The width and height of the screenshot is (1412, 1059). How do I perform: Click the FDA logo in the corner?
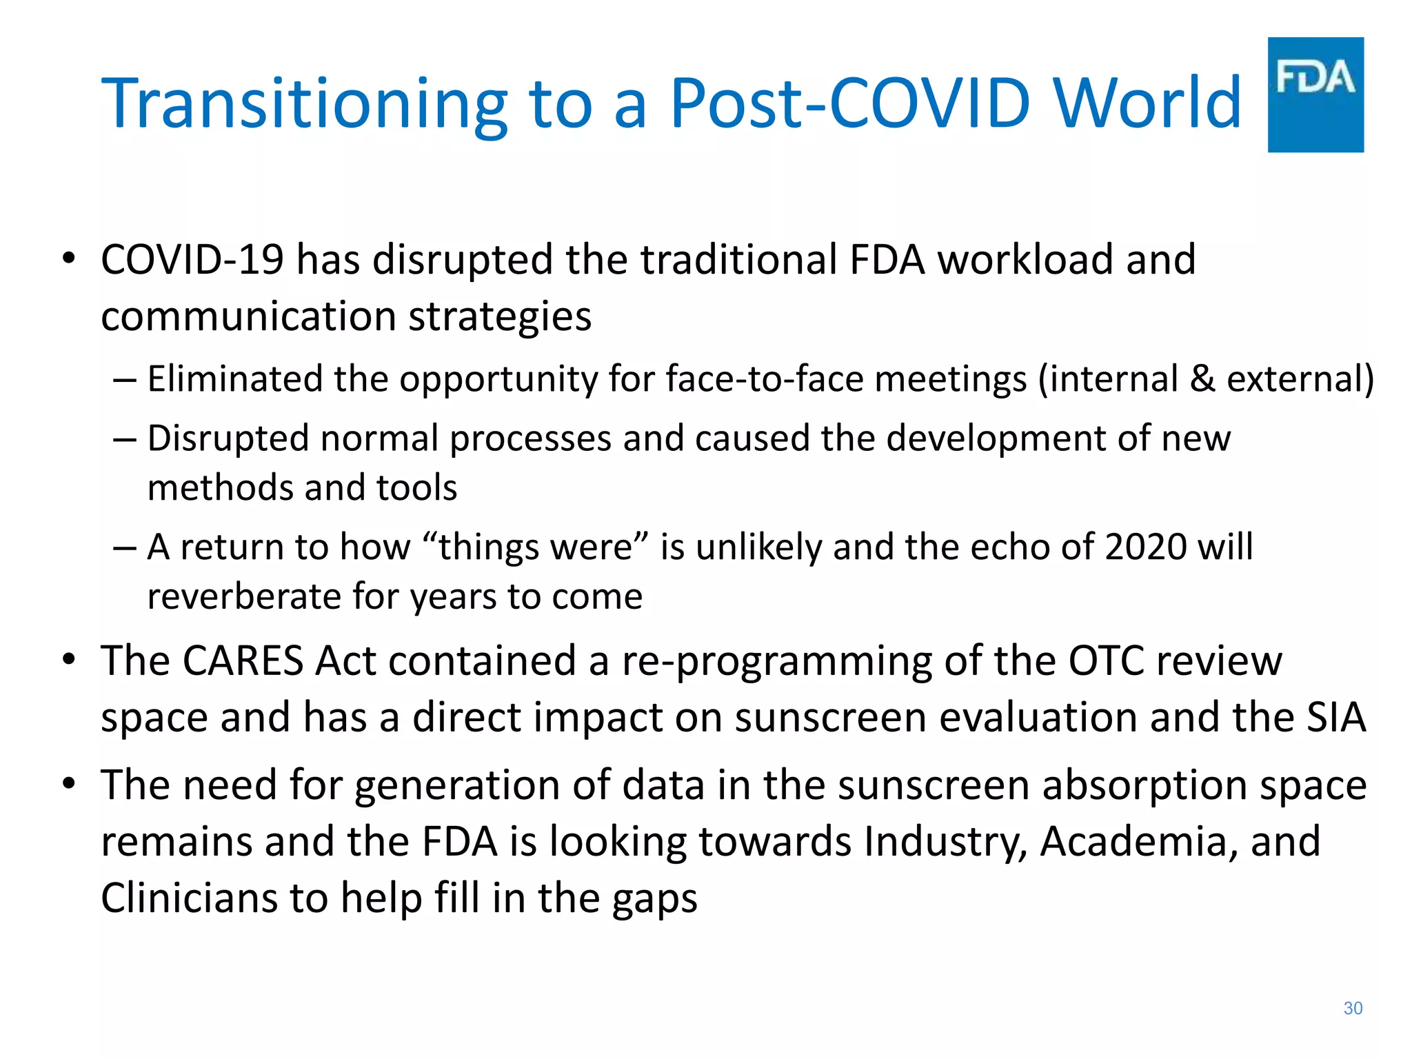pos(1315,94)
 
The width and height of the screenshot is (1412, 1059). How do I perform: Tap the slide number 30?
pos(1353,1008)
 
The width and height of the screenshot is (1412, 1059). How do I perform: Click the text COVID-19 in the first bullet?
pos(192,260)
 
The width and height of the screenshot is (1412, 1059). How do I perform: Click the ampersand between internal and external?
pos(1202,379)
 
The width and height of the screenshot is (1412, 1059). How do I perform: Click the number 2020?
pos(1146,547)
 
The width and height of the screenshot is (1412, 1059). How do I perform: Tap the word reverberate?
pos(244,596)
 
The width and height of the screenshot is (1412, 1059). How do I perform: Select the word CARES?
pos(243,661)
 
